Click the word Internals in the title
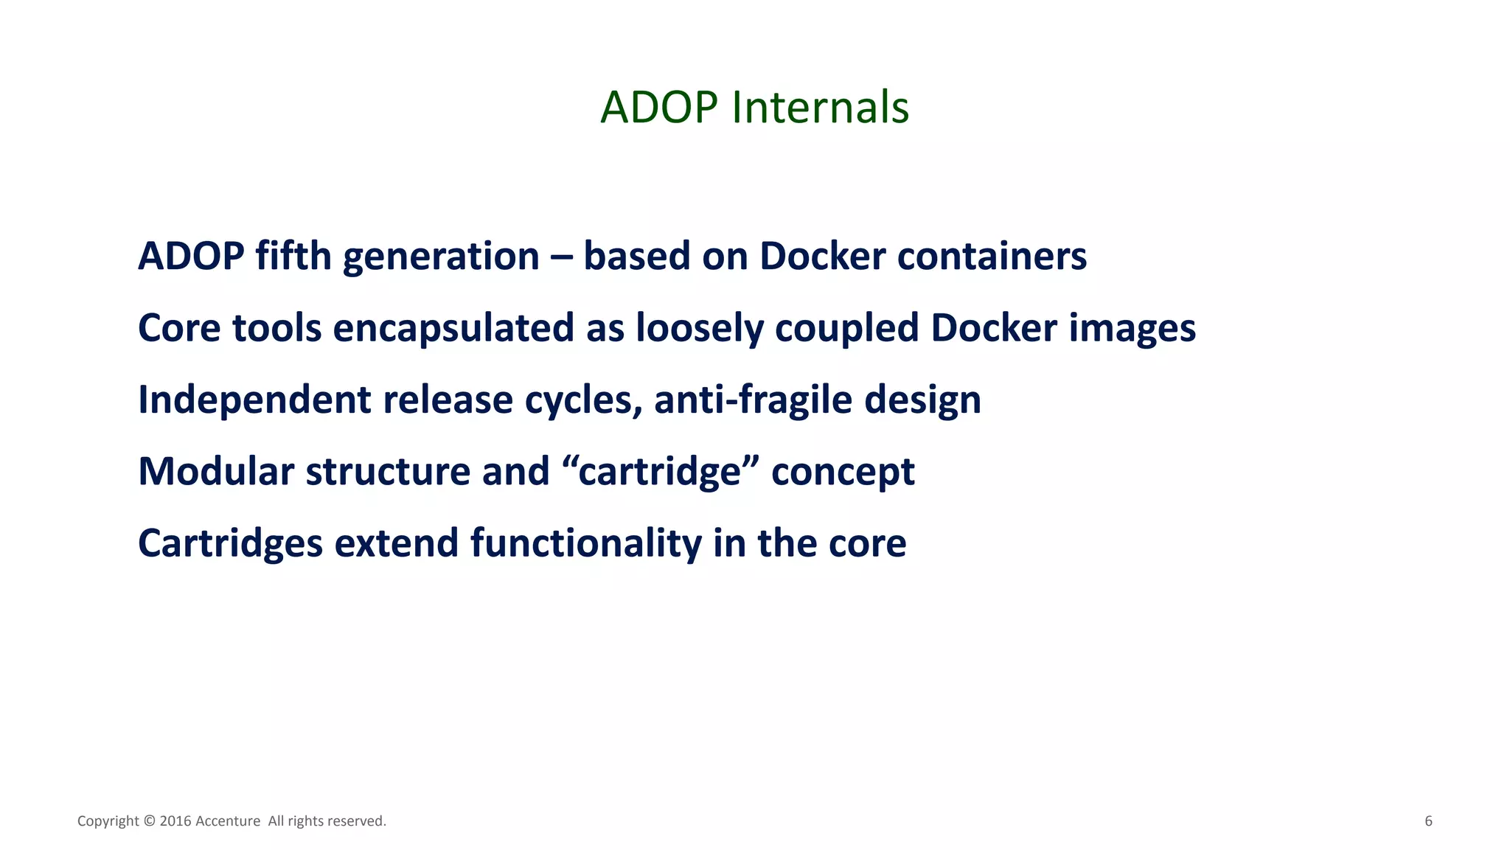(x=820, y=108)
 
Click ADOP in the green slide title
(x=658, y=108)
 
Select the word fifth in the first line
(x=293, y=257)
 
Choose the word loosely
(x=699, y=329)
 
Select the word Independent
(x=254, y=400)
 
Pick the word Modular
(x=216, y=472)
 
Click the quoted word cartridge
(x=659, y=472)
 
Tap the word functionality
(x=585, y=544)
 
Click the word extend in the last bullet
(x=396, y=544)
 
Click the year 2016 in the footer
(x=175, y=821)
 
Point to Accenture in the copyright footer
(x=227, y=821)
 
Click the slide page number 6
(x=1428, y=821)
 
